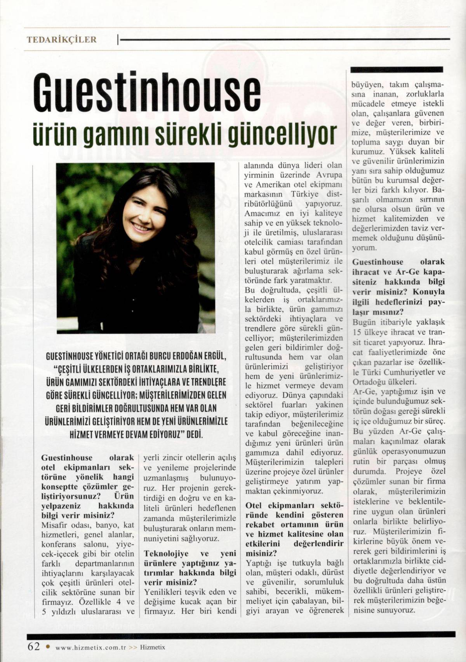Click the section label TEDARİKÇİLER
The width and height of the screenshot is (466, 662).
(61, 40)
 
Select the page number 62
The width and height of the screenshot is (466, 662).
(34, 646)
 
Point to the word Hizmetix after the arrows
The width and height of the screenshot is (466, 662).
(153, 647)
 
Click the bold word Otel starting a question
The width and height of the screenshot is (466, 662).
(254, 506)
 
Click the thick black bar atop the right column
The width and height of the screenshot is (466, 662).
(396, 69)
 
